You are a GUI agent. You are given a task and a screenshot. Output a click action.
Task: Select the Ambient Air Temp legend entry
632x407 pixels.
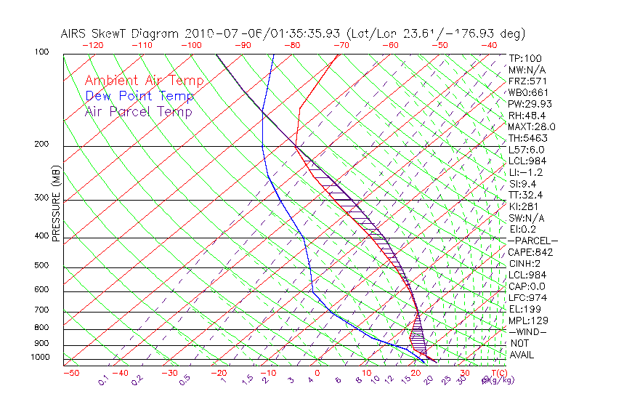[x=145, y=81]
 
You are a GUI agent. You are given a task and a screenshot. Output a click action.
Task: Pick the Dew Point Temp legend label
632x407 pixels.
[x=139, y=96]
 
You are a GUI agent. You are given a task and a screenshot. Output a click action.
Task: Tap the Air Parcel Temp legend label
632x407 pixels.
[x=139, y=111]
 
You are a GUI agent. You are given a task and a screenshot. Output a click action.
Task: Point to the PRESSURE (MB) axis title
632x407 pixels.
[x=57, y=210]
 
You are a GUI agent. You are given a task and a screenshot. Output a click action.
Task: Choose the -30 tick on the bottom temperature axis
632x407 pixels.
[x=169, y=373]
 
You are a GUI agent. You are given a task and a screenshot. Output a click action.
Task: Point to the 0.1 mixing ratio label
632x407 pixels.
[x=104, y=379]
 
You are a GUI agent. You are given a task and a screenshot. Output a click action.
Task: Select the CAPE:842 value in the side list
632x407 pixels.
[x=531, y=252]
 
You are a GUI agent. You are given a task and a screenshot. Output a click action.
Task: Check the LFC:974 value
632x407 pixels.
[x=527, y=298]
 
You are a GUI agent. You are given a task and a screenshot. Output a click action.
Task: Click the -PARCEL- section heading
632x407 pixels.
[x=532, y=241]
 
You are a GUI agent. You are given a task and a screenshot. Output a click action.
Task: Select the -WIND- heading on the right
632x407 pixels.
[x=528, y=331]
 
